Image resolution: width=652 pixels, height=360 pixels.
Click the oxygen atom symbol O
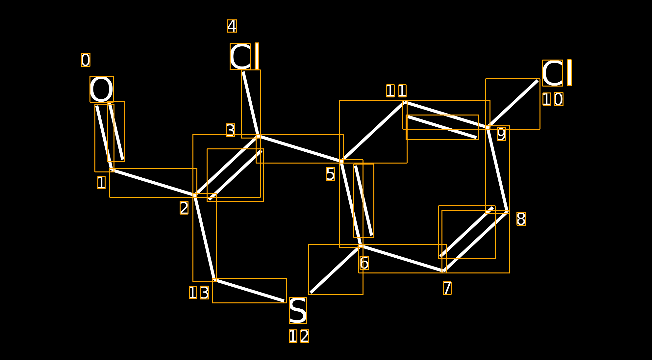pyautogui.click(x=102, y=89)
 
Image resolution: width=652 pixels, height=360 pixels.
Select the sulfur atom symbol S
pyautogui.click(x=298, y=310)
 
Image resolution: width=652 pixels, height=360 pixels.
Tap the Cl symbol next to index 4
pyautogui.click(x=245, y=56)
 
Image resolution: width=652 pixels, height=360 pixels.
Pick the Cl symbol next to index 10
pyautogui.click(x=557, y=73)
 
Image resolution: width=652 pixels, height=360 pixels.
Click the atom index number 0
pyautogui.click(x=86, y=60)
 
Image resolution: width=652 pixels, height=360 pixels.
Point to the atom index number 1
pyautogui.click(x=101, y=183)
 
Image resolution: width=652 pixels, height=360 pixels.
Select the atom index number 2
pyautogui.click(x=184, y=208)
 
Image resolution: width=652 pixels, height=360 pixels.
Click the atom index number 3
pyautogui.click(x=231, y=130)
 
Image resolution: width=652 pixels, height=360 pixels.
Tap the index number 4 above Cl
pyautogui.click(x=232, y=26)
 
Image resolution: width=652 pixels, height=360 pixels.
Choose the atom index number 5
pyautogui.click(x=331, y=174)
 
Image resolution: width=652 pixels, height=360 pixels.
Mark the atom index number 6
pyautogui.click(x=364, y=263)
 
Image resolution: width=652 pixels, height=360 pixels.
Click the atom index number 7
pyautogui.click(x=447, y=288)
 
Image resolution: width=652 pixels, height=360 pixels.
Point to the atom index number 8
pyautogui.click(x=521, y=219)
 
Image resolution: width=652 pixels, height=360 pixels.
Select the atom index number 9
pyautogui.click(x=501, y=134)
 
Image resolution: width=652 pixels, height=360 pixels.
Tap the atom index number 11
pyautogui.click(x=396, y=91)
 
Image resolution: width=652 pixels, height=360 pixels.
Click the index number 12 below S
pyautogui.click(x=299, y=336)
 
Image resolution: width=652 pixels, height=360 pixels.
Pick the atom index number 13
pyautogui.click(x=199, y=293)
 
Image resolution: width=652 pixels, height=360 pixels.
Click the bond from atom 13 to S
pyautogui.click(x=249, y=291)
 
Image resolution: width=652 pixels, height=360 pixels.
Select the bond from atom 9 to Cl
pyautogui.click(x=513, y=104)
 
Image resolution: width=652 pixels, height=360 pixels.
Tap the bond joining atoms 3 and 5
pyautogui.click(x=300, y=149)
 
